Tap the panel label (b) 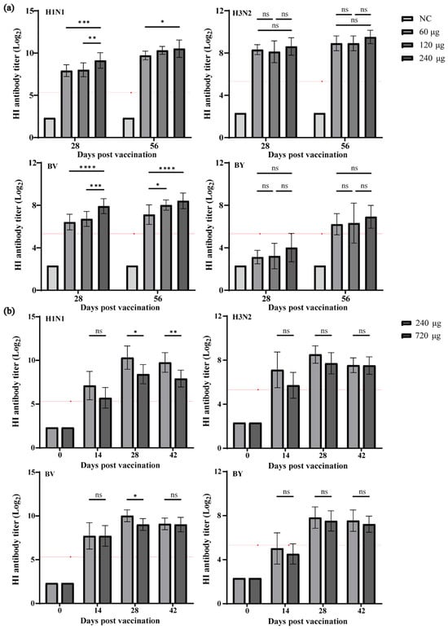pyautogui.click(x=9, y=311)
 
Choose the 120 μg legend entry pyautogui.click(x=423, y=45)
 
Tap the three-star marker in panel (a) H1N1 pyautogui.click(x=84, y=23)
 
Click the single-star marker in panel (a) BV pyautogui.click(x=158, y=185)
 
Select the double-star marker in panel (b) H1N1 pyautogui.click(x=173, y=332)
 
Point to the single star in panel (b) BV pyautogui.click(x=135, y=496)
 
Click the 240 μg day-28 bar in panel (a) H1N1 pyautogui.click(x=100, y=99)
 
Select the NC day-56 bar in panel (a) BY pyautogui.click(x=320, y=278)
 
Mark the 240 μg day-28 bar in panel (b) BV pyautogui.click(x=127, y=560)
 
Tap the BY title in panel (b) pyautogui.click(x=237, y=473)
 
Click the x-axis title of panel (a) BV pyautogui.click(x=120, y=308)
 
